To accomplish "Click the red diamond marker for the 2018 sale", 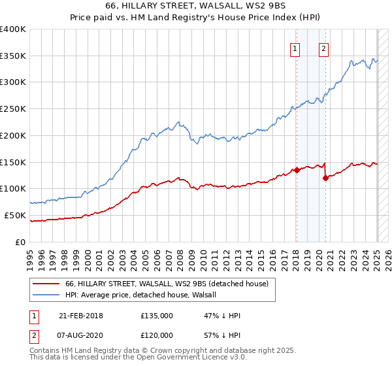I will click(x=297, y=170).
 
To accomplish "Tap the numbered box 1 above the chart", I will click(x=295, y=48).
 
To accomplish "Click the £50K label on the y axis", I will click(x=16, y=215).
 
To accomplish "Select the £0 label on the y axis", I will click(x=21, y=242).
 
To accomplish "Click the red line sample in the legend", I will click(x=46, y=284).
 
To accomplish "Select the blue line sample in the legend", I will click(x=46, y=295).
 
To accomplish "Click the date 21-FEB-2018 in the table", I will click(x=81, y=316).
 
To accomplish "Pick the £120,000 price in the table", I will click(x=156, y=334).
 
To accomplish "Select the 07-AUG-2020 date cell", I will click(x=82, y=334).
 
